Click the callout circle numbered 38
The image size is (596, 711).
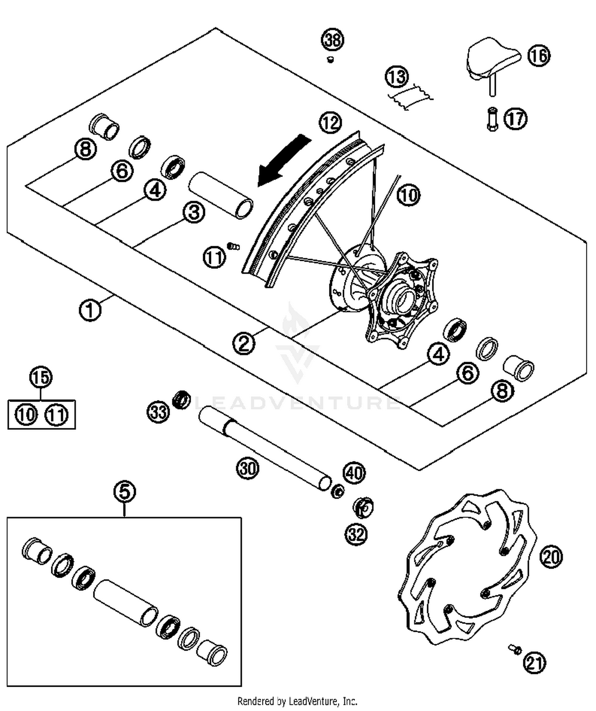[x=333, y=40]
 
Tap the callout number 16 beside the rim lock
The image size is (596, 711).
[x=539, y=55]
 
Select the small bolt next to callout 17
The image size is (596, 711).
[x=492, y=119]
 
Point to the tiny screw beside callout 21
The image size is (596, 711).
[x=515, y=649]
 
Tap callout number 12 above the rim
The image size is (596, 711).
[x=330, y=123]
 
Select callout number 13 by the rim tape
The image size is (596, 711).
[x=397, y=76]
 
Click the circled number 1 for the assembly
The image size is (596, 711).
[x=90, y=310]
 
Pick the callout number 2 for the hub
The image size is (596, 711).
[x=244, y=343]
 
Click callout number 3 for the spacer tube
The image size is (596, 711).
[x=194, y=212]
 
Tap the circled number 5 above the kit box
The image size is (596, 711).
[x=124, y=491]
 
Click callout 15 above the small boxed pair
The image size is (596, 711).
[x=41, y=377]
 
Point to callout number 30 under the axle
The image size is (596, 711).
[x=248, y=468]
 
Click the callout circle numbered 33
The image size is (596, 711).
[x=159, y=412]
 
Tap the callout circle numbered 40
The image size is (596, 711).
[x=354, y=473]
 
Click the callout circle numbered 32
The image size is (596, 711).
[x=356, y=534]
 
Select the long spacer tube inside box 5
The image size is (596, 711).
[x=126, y=603]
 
